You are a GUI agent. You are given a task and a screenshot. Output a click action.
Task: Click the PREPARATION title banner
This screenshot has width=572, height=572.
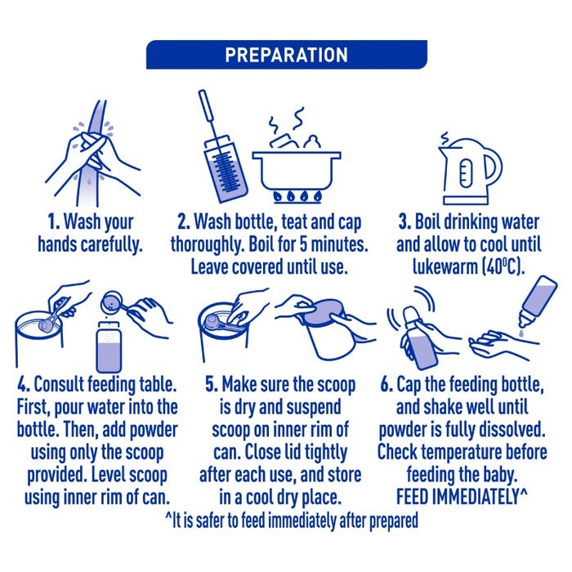[286, 55]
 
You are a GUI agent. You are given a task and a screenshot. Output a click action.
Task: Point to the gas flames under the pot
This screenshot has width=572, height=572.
[297, 196]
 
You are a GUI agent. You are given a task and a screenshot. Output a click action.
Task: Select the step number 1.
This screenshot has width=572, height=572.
[54, 221]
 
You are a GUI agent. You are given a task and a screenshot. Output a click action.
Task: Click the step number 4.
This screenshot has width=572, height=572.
[24, 385]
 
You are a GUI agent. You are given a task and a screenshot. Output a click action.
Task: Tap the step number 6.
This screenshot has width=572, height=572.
[386, 385]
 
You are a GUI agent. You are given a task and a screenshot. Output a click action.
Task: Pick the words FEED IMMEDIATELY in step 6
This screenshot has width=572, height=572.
[458, 497]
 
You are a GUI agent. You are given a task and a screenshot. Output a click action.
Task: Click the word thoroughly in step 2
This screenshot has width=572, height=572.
[208, 245]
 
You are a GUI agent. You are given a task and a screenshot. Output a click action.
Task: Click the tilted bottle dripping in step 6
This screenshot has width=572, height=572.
[538, 302]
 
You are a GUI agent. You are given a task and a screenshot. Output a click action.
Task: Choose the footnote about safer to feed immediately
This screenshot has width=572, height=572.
[291, 521]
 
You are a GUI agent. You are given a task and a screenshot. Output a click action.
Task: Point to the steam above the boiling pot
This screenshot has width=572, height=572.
[287, 119]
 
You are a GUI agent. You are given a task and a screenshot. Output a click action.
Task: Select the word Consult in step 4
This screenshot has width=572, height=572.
[59, 385]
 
